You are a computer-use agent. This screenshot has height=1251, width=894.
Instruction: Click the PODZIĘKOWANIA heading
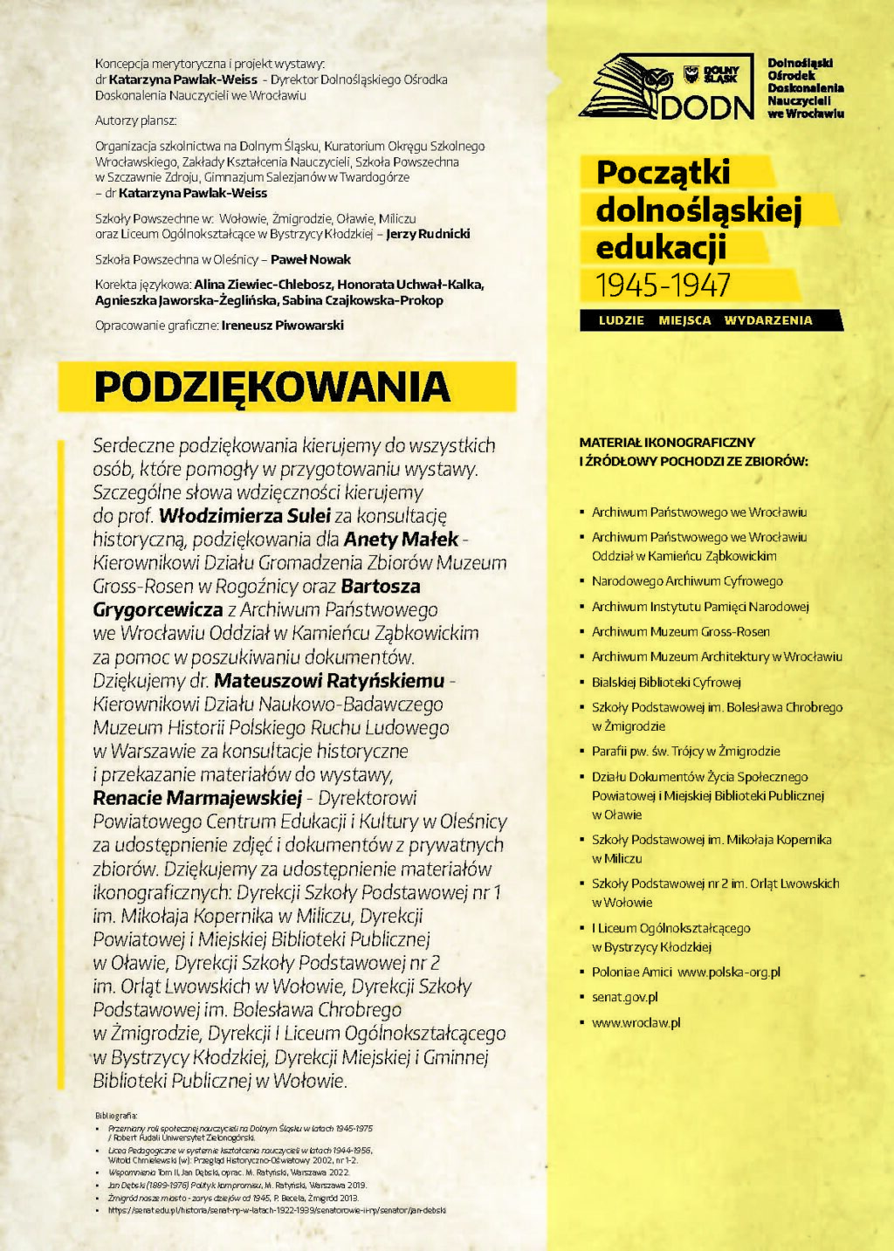pyautogui.click(x=272, y=388)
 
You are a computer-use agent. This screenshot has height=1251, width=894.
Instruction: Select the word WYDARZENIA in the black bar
pyautogui.click(x=767, y=320)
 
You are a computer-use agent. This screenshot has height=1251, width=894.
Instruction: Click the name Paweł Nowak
pyautogui.click(x=310, y=259)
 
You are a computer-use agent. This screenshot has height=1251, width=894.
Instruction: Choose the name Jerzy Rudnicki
pyautogui.click(x=428, y=234)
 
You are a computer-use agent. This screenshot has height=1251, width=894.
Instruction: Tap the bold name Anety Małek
pyautogui.click(x=401, y=540)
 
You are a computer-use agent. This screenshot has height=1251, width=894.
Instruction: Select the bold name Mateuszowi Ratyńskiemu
pyautogui.click(x=329, y=681)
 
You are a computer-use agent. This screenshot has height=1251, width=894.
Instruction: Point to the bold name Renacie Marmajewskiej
pyautogui.click(x=197, y=798)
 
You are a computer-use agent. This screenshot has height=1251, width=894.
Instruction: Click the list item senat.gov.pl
pyautogui.click(x=624, y=997)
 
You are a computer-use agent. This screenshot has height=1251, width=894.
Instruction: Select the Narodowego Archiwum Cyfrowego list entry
pyautogui.click(x=687, y=581)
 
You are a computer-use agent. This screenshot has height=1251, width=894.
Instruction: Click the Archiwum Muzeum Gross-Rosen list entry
pyautogui.click(x=680, y=631)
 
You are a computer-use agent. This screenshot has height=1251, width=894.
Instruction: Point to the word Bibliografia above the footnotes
pyautogui.click(x=116, y=1116)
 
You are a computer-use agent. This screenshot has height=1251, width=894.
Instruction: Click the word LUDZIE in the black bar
pyautogui.click(x=622, y=320)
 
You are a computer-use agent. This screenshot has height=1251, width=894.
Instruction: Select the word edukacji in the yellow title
pyautogui.click(x=661, y=248)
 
